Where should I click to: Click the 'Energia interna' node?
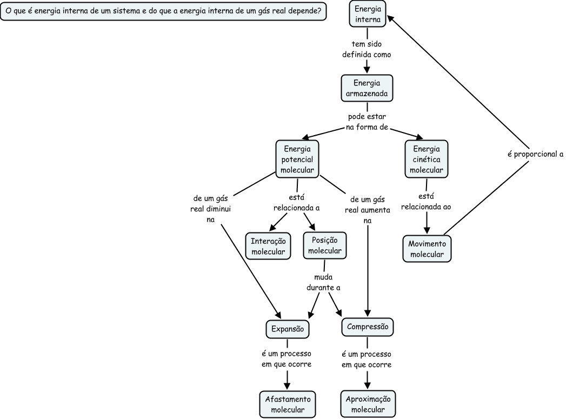(367, 14)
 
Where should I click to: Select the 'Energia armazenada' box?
(367, 88)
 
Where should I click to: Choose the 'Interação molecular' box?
(268, 247)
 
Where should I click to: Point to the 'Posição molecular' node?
(324, 246)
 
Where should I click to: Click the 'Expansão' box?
(288, 328)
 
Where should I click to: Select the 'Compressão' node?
(368, 327)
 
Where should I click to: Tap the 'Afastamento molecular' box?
(287, 404)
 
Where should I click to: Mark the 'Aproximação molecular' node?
(368, 404)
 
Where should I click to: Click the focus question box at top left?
(164, 11)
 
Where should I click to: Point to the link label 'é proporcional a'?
(535, 154)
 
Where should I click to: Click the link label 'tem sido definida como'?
(367, 49)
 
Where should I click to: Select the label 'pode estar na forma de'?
(367, 122)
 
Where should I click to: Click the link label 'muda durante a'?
(323, 283)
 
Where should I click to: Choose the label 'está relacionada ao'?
(426, 201)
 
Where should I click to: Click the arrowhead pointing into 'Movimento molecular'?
(427, 230)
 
